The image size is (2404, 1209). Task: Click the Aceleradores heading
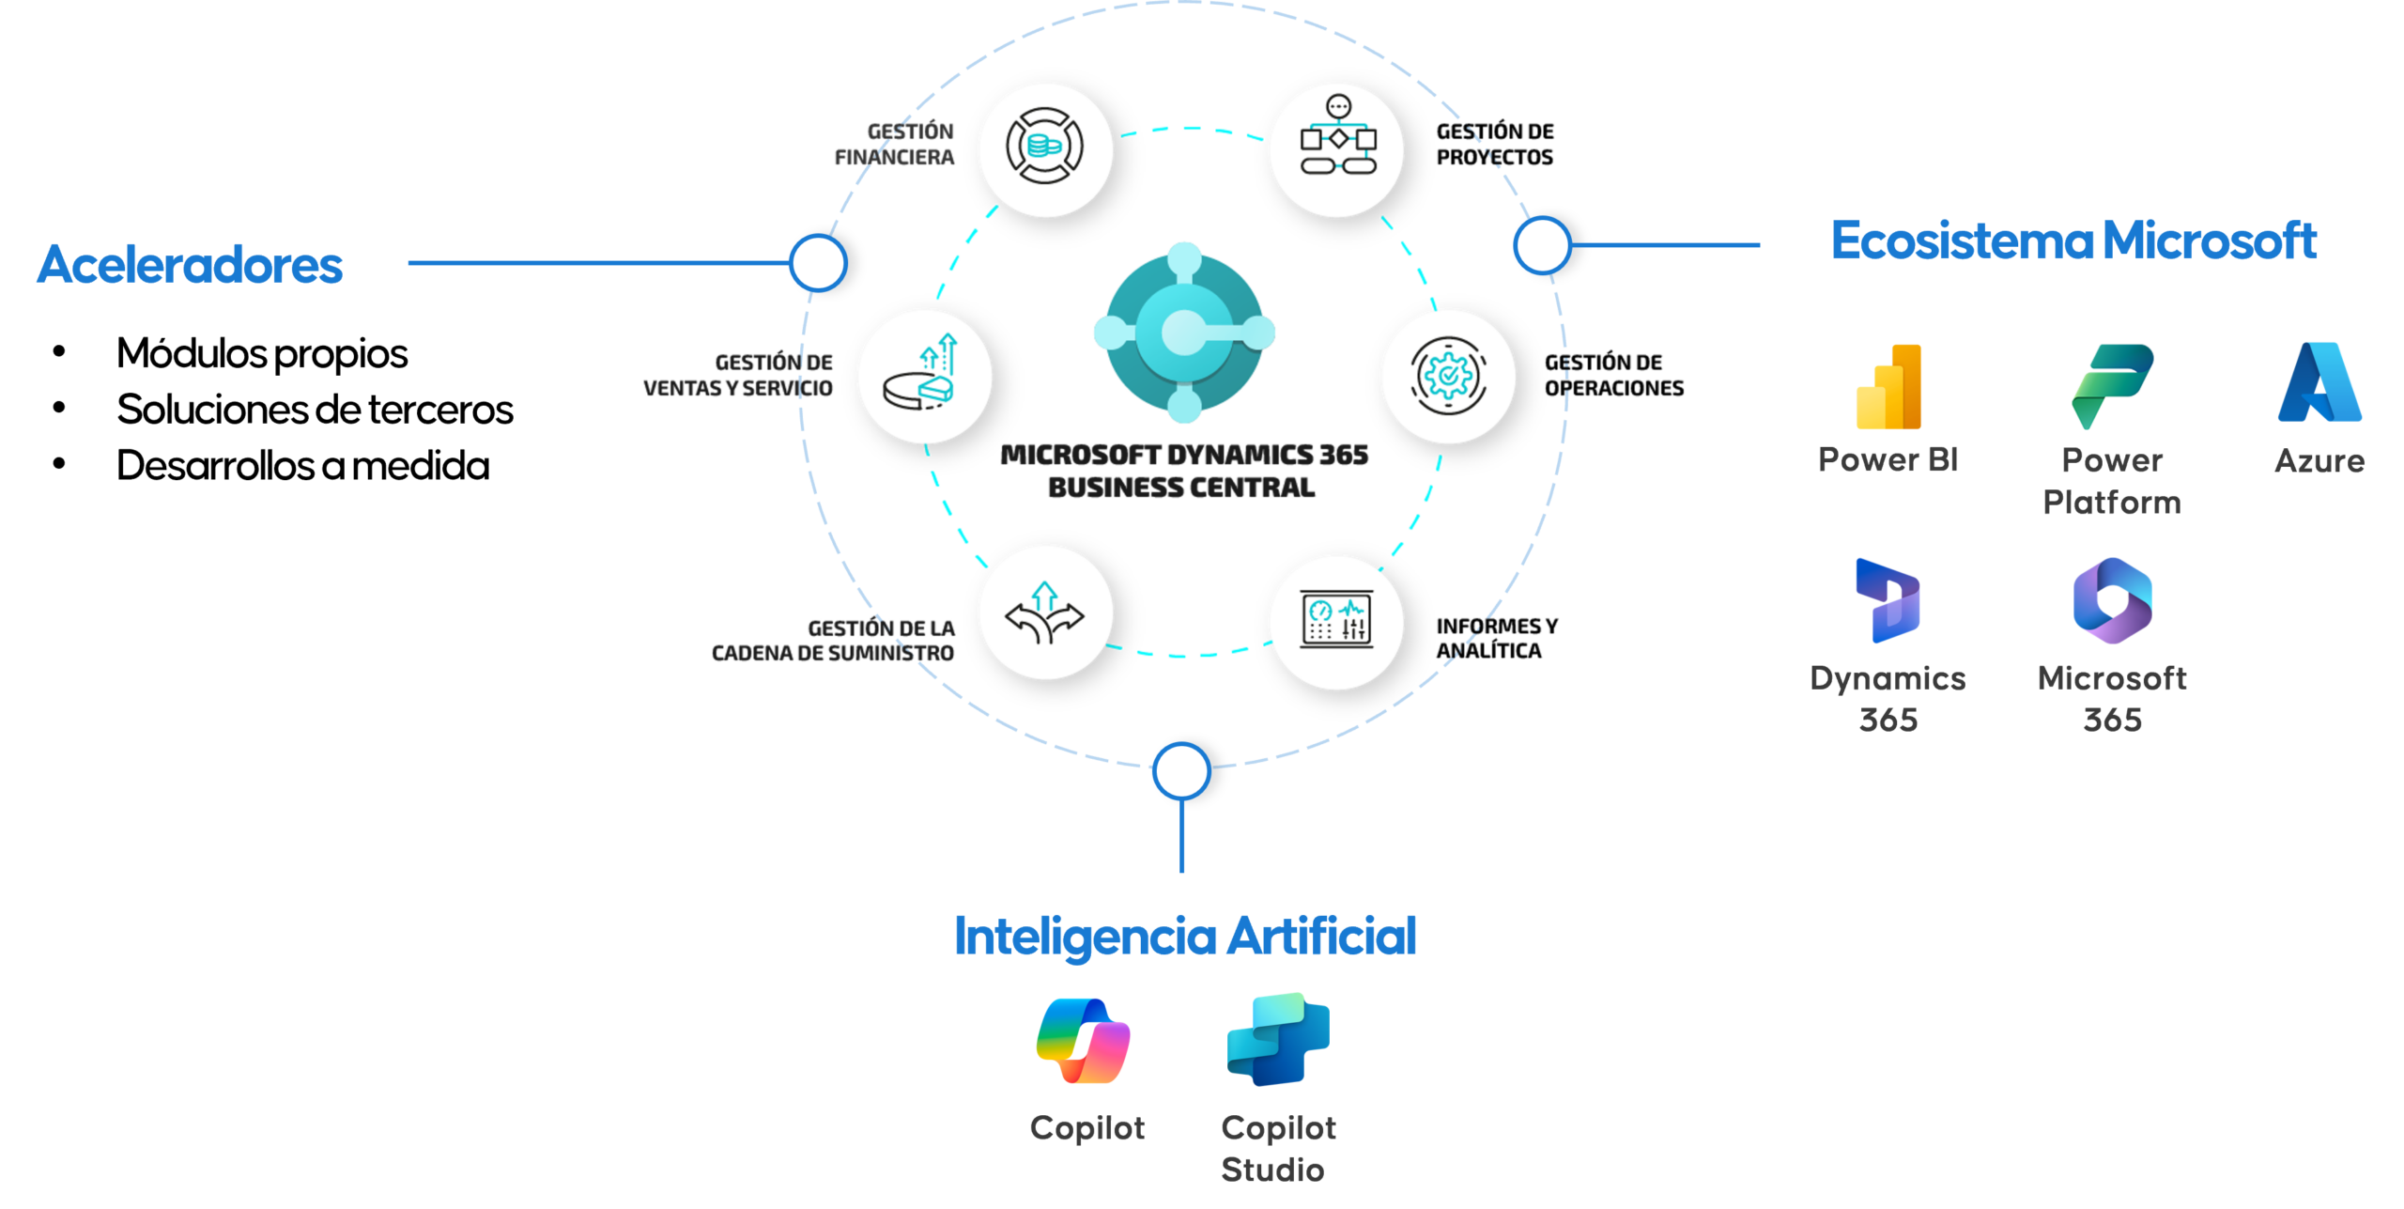(x=190, y=265)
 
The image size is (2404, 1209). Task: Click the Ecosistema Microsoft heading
(x=2073, y=241)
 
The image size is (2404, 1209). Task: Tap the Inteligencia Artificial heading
(x=1184, y=937)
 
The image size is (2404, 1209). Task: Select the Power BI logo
(x=1888, y=387)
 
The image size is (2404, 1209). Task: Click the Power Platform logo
(x=2112, y=386)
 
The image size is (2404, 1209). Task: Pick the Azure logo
(x=2319, y=383)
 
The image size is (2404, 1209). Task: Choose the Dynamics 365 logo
(x=1888, y=601)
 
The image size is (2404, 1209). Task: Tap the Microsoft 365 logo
(x=2112, y=600)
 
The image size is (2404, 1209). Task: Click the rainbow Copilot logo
(x=1084, y=1042)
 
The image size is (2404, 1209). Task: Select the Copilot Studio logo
(x=1278, y=1040)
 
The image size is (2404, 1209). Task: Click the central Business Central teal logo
(x=1184, y=333)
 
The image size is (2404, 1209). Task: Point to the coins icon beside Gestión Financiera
(x=1045, y=148)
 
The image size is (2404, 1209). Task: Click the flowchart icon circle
(x=1336, y=148)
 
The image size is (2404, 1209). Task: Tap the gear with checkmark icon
(x=1448, y=376)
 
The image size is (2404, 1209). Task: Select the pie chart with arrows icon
(x=924, y=376)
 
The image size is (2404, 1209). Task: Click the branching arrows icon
(x=1045, y=612)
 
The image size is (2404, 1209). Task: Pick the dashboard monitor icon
(x=1336, y=621)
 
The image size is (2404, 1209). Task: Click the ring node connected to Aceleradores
(x=818, y=263)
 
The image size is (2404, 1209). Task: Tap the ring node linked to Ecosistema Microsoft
(x=1542, y=245)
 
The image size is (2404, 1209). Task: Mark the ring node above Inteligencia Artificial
(x=1181, y=770)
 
